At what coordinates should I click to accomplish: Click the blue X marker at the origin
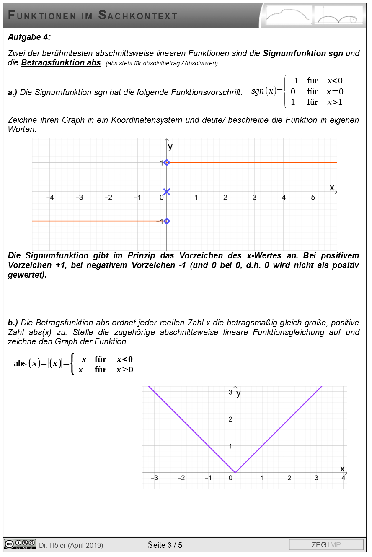click(x=167, y=192)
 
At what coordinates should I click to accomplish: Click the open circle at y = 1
click(x=167, y=162)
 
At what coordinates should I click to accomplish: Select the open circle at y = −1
click(x=167, y=221)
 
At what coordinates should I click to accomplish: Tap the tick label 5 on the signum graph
click(x=313, y=198)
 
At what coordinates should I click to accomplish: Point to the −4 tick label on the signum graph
click(x=49, y=198)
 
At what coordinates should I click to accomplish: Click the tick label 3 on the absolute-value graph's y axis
click(x=230, y=392)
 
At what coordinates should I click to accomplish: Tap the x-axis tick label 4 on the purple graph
click(x=344, y=478)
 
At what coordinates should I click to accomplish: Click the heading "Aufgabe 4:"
click(x=29, y=37)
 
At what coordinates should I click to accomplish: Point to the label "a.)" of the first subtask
click(x=13, y=92)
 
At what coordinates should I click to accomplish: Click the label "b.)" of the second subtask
click(x=13, y=323)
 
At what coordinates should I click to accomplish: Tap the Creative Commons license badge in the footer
click(x=20, y=544)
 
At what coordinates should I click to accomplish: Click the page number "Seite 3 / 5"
click(x=165, y=545)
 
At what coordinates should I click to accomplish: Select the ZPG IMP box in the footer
click(x=326, y=545)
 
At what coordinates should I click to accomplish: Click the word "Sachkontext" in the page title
click(x=138, y=16)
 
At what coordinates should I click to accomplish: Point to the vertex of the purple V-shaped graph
click(x=235, y=473)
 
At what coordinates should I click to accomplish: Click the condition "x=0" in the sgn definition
click(x=335, y=92)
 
